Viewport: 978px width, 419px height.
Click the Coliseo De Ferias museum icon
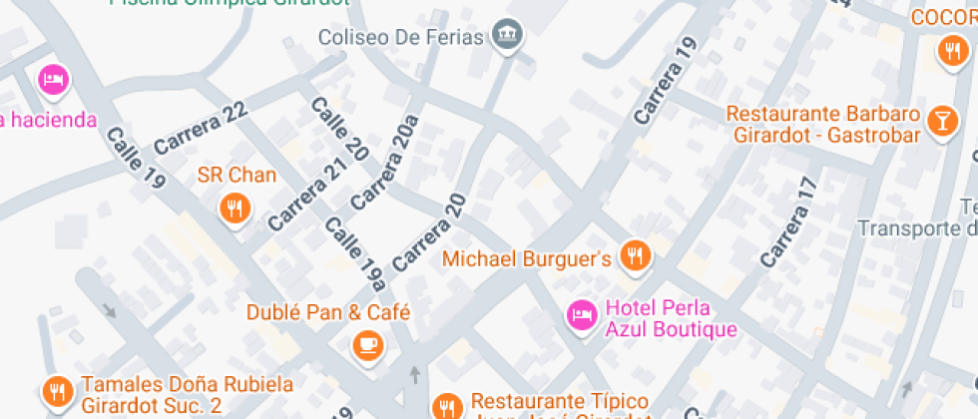[509, 36]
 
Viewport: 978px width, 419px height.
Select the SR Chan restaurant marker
[235, 208]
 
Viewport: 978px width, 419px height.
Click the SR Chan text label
[237, 176]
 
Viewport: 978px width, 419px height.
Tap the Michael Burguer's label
[526, 259]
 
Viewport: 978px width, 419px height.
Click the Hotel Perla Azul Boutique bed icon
[581, 316]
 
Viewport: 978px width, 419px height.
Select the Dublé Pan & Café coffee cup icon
[367, 344]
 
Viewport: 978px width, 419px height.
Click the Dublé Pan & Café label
[328, 312]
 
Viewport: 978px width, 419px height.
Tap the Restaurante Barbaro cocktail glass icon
[940, 121]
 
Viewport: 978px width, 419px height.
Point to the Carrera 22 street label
[201, 128]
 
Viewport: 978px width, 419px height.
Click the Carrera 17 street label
[789, 222]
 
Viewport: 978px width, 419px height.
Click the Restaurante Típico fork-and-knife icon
[446, 405]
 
